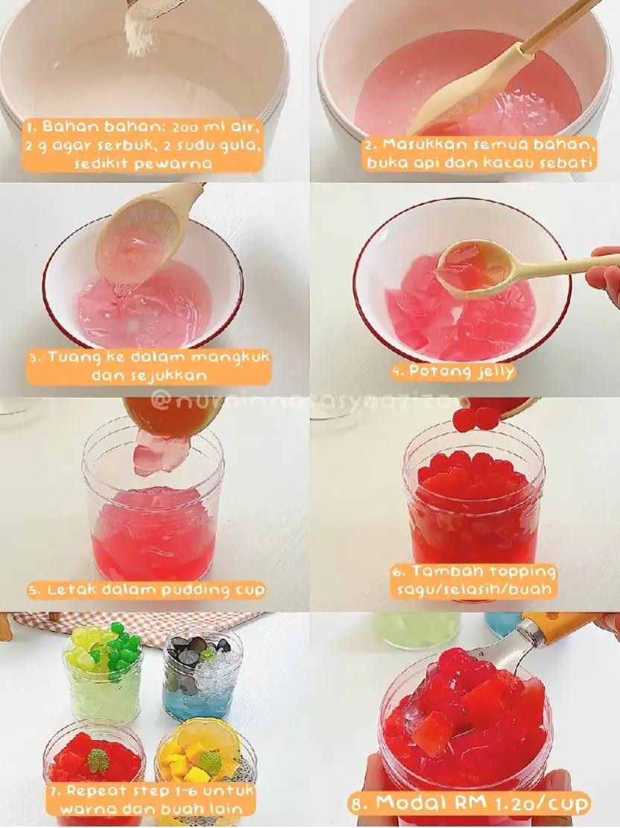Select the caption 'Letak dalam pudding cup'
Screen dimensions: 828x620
tap(146, 590)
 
